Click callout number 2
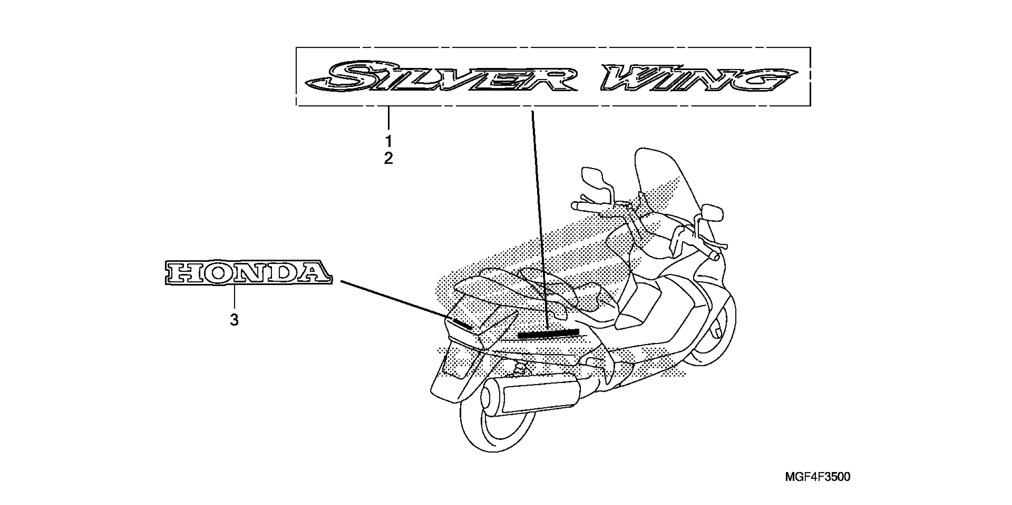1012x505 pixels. point(389,158)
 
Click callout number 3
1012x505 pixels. point(234,320)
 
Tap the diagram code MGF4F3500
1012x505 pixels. point(817,477)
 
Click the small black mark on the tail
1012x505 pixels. point(462,324)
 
